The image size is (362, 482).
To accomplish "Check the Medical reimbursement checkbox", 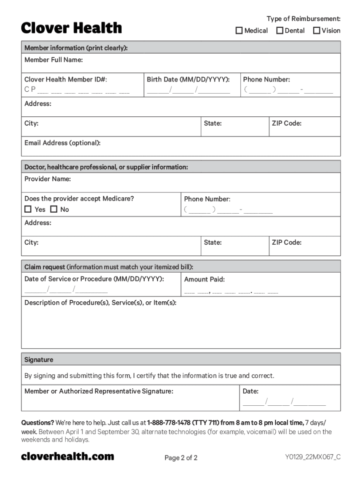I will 239,31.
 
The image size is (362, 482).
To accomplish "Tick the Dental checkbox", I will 280,31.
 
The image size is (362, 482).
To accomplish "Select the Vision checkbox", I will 316,31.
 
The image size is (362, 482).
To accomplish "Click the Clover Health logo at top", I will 71,28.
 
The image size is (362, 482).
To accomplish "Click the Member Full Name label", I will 54,60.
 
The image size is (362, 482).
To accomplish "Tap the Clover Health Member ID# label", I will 69,80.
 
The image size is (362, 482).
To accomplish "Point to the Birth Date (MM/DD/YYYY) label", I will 188,80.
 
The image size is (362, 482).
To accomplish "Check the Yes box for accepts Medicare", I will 28,209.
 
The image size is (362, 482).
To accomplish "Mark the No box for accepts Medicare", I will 54,209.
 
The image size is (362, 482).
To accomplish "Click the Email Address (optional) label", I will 62,143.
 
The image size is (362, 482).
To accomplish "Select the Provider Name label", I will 47,179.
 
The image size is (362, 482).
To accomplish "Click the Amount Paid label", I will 204,279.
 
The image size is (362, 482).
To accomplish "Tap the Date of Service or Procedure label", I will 94,279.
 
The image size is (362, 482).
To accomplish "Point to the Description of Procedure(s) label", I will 100,303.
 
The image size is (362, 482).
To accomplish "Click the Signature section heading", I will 39,360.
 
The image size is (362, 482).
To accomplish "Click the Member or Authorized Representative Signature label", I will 99,391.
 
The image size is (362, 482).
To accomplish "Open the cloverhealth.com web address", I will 67,456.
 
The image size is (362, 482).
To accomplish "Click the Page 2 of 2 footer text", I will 181,458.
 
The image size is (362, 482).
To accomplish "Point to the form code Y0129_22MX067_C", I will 312,457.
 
